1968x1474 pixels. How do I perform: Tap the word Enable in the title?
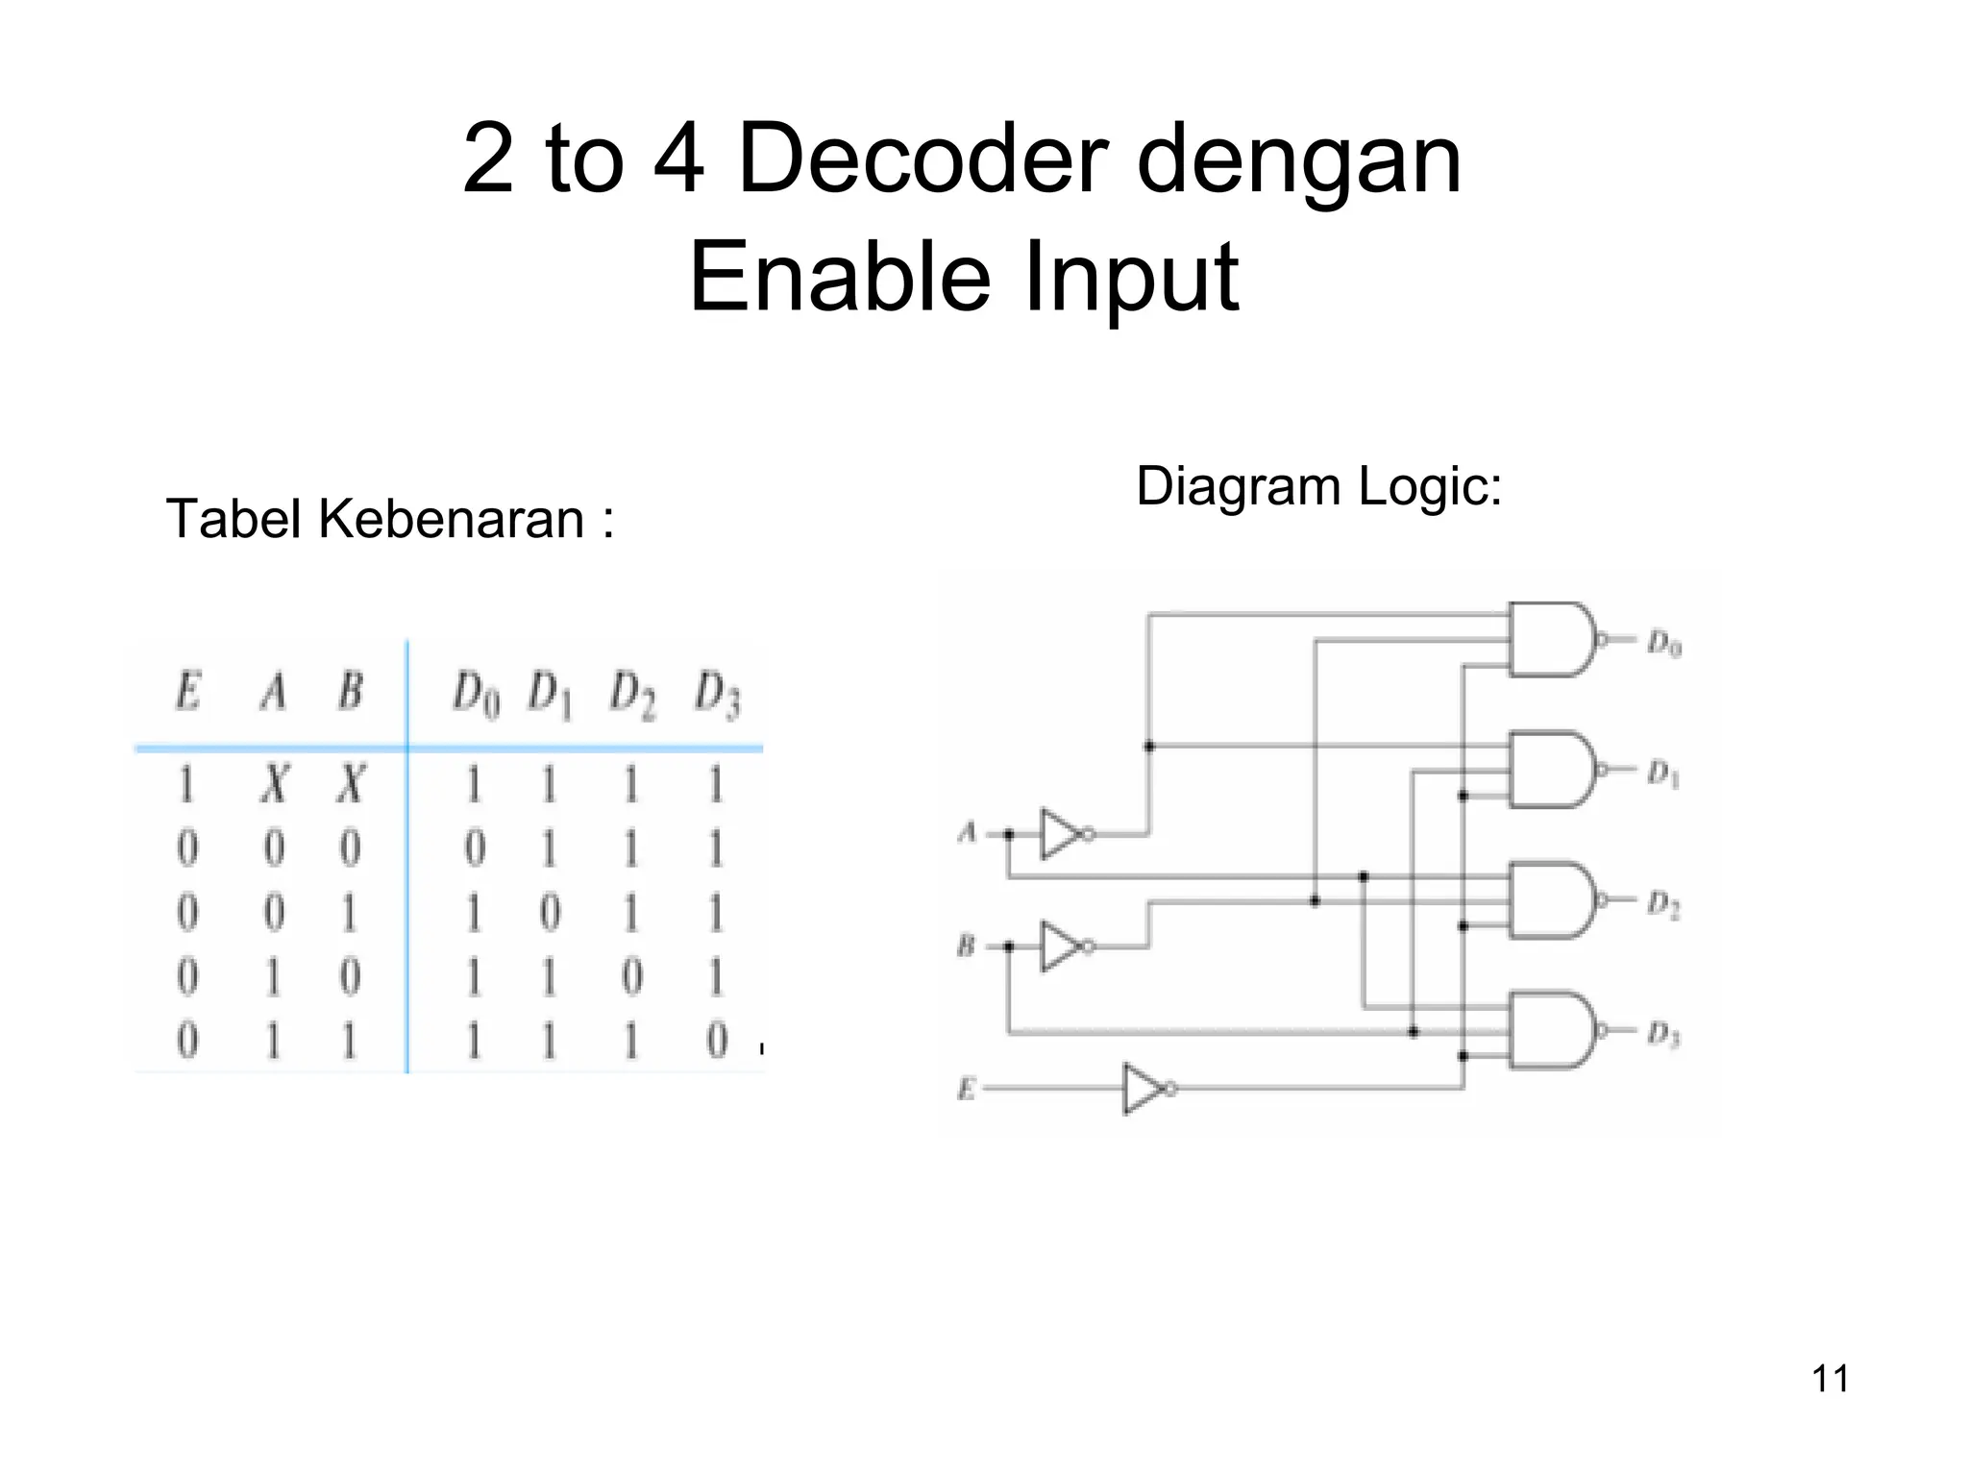839,277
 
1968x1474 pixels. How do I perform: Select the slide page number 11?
1830,1379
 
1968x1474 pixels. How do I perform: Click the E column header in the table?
187,691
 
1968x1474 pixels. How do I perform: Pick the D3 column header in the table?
717,695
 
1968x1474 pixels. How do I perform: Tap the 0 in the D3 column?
717,1041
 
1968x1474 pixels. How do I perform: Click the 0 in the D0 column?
475,849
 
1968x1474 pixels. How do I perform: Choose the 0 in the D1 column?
549,913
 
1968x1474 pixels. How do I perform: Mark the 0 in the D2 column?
631,977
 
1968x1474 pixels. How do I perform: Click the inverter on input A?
1063,834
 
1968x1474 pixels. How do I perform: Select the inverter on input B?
1063,946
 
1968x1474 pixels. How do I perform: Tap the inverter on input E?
1144,1089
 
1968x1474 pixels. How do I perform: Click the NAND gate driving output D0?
1549,640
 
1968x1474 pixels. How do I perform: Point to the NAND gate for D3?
1549,1030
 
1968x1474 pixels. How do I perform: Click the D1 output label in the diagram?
1663,774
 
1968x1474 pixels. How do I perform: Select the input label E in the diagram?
966,1089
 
